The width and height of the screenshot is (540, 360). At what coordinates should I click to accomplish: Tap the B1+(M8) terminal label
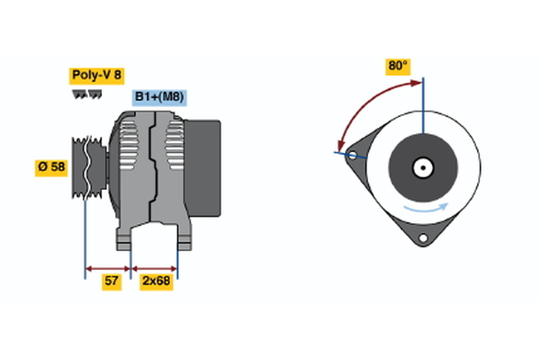(x=159, y=98)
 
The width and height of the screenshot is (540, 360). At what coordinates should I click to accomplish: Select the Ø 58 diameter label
(x=51, y=168)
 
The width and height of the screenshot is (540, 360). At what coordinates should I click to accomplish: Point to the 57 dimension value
(x=112, y=283)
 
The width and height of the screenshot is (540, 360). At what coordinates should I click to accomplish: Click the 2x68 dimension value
(x=156, y=283)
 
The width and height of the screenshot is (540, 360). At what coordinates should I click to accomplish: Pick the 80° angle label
(x=397, y=66)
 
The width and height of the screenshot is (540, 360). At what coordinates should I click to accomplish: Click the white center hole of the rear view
(x=421, y=167)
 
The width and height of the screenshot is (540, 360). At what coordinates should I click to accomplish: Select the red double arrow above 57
(x=108, y=267)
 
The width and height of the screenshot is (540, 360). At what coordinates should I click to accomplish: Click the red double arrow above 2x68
(x=155, y=267)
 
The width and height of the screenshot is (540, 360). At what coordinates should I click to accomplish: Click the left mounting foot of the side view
(x=124, y=239)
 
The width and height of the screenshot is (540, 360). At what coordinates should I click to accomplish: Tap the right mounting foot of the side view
(x=184, y=239)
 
